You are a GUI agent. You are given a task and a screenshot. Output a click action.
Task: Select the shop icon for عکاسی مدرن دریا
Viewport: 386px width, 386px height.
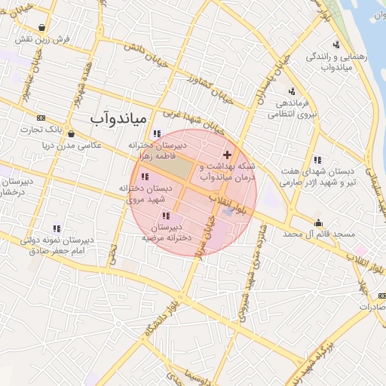pos(70,133)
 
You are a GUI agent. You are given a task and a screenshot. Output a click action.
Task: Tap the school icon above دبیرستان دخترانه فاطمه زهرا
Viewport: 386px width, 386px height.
pos(156,133)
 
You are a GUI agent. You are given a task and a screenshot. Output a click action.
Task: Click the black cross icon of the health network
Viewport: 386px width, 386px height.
pos(227,154)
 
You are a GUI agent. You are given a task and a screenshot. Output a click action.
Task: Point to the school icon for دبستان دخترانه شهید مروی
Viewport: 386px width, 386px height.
pos(145,177)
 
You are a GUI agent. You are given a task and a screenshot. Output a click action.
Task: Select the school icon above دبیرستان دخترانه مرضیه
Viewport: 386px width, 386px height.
pos(165,216)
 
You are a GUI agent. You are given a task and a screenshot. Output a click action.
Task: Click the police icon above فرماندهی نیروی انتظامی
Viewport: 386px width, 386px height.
pos(290,92)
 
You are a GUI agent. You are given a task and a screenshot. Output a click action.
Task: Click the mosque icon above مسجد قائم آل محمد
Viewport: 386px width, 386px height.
pos(319,223)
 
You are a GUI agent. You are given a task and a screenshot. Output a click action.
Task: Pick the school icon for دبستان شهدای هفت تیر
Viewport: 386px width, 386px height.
pos(317,160)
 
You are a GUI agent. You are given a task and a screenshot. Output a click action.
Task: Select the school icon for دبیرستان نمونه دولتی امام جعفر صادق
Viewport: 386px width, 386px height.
pos(57,228)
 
